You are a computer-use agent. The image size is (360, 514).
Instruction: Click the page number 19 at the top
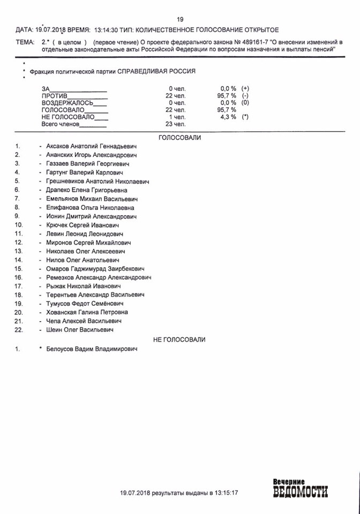click(180, 19)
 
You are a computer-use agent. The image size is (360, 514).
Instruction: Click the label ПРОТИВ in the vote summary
click(54, 95)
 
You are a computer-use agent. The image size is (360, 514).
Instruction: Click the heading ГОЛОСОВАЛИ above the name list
click(179, 138)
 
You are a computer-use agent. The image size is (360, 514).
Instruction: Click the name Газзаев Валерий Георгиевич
click(87, 164)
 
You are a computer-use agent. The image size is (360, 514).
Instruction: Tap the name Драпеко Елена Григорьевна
click(87, 190)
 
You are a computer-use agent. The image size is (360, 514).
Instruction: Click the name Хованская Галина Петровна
click(87, 312)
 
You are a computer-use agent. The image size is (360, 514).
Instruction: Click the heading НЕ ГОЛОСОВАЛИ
click(179, 339)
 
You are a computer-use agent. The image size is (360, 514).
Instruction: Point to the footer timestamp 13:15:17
click(225, 492)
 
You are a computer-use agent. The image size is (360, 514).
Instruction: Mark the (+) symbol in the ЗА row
click(245, 88)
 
